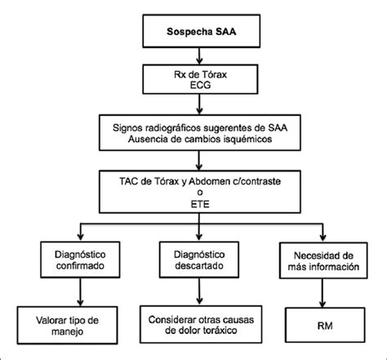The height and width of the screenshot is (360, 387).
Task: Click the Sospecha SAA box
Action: [x=202, y=31]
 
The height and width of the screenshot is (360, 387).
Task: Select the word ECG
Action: [x=200, y=85]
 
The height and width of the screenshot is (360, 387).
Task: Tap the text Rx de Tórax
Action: [x=200, y=74]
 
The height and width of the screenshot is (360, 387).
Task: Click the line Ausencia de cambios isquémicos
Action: [x=200, y=139]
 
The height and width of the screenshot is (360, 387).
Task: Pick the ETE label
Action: [x=200, y=204]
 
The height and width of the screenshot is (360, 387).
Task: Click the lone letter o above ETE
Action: [x=200, y=193]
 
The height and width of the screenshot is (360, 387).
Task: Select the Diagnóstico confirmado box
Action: [x=80, y=260]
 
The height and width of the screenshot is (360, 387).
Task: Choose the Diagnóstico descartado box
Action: [x=199, y=260]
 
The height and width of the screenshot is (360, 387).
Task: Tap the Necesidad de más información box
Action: [x=323, y=260]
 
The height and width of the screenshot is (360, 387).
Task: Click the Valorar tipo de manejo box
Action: [x=68, y=326]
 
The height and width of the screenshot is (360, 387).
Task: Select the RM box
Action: [x=325, y=325]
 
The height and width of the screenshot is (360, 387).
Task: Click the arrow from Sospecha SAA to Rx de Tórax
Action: [x=200, y=56]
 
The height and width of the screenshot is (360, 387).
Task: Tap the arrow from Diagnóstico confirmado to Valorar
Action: [x=80, y=292]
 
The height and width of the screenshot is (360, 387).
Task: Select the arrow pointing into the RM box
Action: [x=322, y=293]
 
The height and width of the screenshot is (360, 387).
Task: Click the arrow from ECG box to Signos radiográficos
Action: [x=200, y=104]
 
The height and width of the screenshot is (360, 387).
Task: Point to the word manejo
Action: [x=68, y=331]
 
